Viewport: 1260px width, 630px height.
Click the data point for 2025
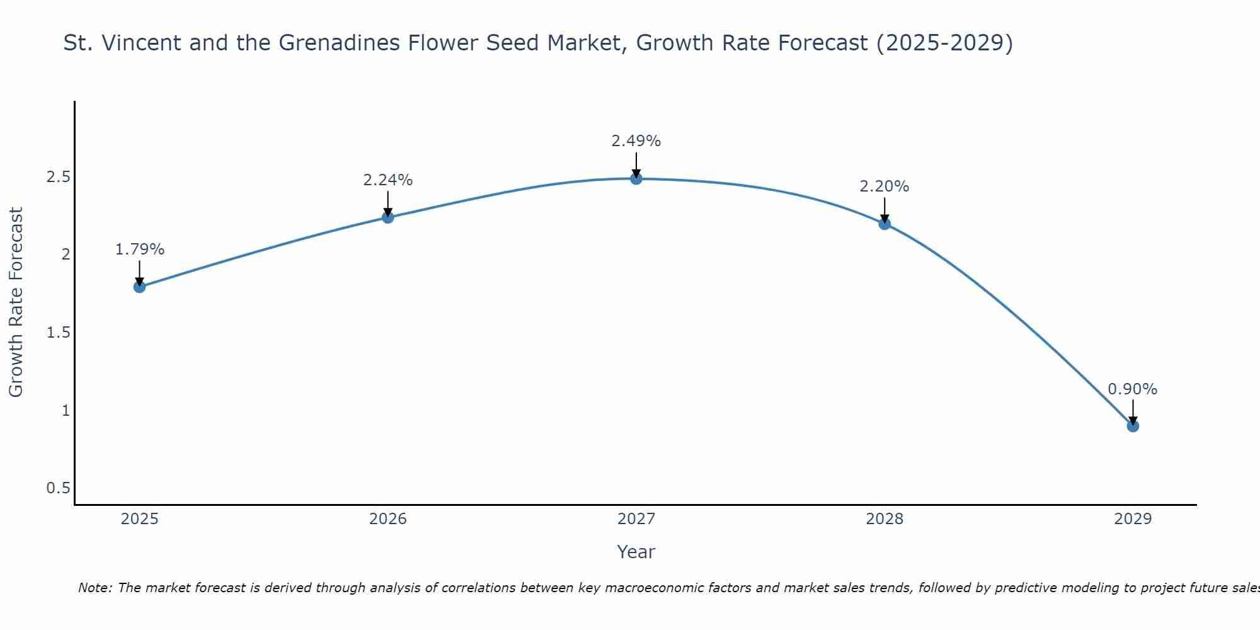pos(139,287)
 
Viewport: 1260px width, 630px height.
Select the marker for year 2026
pos(388,217)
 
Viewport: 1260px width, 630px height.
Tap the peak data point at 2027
pos(636,179)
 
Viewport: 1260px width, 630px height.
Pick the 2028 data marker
pos(885,224)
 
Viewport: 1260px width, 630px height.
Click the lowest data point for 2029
pos(1133,426)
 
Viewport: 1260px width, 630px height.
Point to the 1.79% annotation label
pos(139,249)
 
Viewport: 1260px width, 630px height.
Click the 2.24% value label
pos(388,180)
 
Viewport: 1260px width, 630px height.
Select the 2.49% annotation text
pos(636,141)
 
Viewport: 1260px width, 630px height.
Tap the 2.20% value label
pos(885,186)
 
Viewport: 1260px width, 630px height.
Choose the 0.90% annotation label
pos(1133,389)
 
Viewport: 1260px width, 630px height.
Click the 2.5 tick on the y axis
pos(58,177)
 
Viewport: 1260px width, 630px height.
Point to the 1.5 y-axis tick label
pos(58,333)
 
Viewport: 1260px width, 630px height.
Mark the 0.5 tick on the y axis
pos(58,488)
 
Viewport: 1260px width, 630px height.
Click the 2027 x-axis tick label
pos(636,519)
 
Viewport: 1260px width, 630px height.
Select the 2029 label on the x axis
pos(1133,519)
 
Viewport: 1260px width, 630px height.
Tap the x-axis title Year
pos(636,552)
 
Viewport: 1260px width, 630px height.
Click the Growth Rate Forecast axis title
pos(16,302)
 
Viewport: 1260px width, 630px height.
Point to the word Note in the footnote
pos(94,588)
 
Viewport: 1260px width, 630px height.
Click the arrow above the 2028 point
pos(885,209)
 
